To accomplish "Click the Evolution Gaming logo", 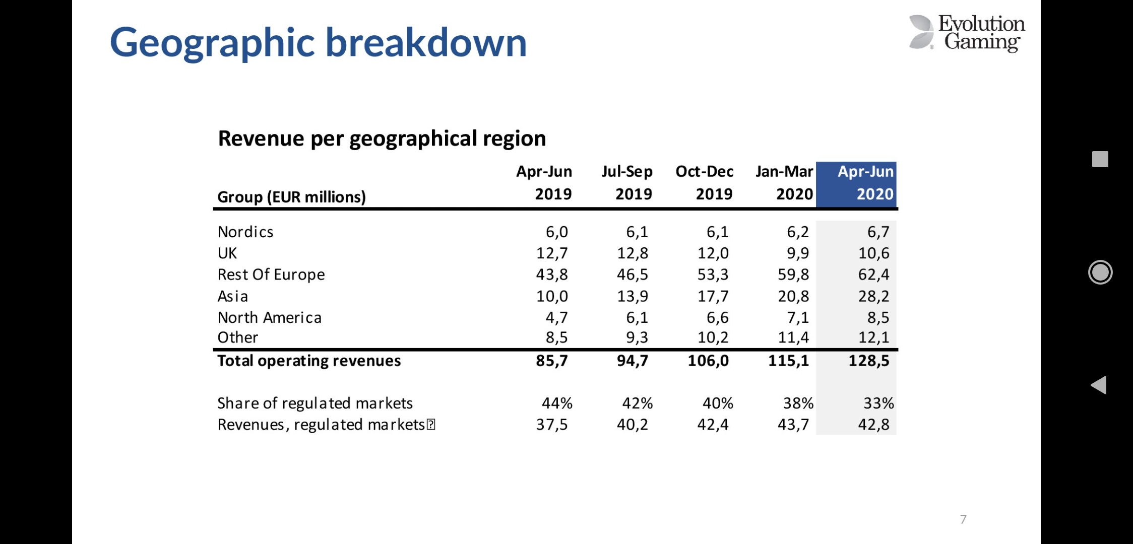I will (x=967, y=33).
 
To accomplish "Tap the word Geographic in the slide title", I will (x=212, y=43).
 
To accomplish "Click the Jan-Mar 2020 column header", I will (x=784, y=183).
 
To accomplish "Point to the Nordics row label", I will (x=245, y=232).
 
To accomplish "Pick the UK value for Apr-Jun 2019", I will (x=552, y=253).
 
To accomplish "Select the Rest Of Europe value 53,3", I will (x=713, y=275).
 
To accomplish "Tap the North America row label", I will (x=269, y=317).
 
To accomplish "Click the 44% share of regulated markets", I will (x=557, y=403).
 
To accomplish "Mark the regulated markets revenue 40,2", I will (x=632, y=425).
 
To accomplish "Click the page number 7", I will (x=963, y=519).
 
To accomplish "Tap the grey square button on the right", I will (x=1100, y=159).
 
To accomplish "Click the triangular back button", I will (x=1099, y=385).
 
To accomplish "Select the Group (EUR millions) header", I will (x=291, y=196).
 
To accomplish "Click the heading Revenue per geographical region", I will (x=382, y=139).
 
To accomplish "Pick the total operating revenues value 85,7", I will (x=551, y=361).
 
